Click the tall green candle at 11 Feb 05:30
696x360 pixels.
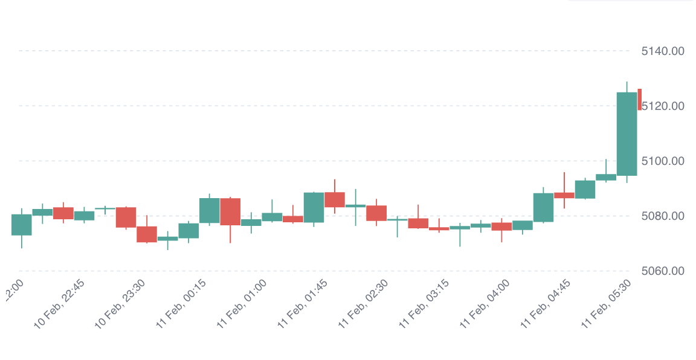tap(627, 133)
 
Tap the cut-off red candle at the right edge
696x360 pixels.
tap(639, 99)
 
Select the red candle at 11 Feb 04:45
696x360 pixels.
tap(564, 195)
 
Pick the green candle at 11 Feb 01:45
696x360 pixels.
tap(314, 207)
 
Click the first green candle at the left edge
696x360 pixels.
tap(21, 225)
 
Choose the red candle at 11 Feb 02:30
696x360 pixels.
tap(376, 213)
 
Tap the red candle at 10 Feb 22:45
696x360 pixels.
tap(63, 213)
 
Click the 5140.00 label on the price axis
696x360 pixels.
tap(662, 51)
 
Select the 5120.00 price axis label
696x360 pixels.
tap(662, 106)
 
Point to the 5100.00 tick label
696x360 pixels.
tap(662, 161)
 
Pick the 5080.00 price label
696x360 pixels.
tap(662, 216)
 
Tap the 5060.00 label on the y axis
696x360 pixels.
tap(662, 271)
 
